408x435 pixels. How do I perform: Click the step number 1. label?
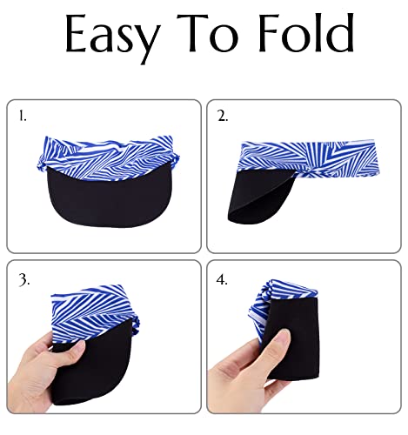[x=23, y=114]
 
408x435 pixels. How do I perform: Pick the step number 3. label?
[x=23, y=281]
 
